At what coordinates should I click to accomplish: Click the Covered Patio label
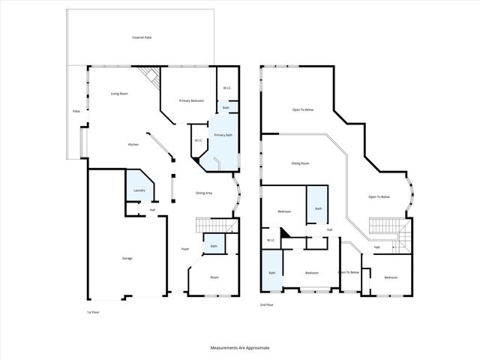click(142, 37)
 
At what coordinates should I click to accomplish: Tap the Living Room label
click(121, 94)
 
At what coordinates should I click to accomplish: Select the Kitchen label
click(133, 144)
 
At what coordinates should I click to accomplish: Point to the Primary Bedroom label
click(191, 100)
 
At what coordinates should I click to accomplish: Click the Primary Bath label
click(223, 135)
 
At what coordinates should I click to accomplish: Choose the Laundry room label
click(139, 190)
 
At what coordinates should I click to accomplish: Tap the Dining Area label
click(204, 193)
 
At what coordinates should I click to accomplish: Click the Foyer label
click(184, 249)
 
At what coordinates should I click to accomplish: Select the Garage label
click(127, 258)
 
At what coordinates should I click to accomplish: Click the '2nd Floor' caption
click(266, 305)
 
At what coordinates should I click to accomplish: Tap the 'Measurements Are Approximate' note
click(240, 348)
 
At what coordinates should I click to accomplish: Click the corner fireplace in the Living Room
click(149, 76)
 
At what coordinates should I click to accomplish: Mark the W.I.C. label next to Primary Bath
click(199, 140)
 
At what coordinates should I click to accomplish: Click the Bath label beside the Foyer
click(214, 246)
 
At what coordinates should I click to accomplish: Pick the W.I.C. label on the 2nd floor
click(271, 240)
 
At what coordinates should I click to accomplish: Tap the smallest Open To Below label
click(349, 272)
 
